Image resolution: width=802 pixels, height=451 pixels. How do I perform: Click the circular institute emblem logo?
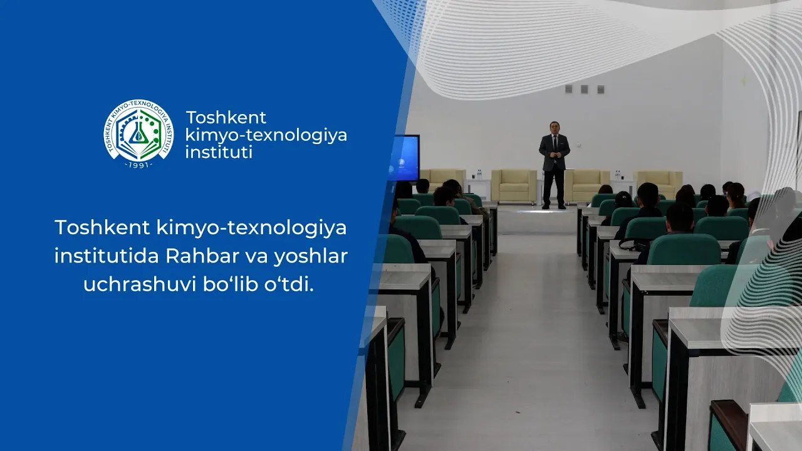tap(138, 133)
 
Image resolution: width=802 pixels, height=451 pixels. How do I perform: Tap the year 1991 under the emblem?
tap(138, 163)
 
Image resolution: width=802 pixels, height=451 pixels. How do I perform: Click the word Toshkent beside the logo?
tap(226, 118)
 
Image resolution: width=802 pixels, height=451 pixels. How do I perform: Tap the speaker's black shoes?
tap(554, 206)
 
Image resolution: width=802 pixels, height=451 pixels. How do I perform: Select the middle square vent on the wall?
tap(584, 89)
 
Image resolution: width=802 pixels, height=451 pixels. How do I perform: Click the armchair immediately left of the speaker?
tap(514, 185)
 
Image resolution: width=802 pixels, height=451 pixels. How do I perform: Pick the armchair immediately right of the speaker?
tap(587, 185)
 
